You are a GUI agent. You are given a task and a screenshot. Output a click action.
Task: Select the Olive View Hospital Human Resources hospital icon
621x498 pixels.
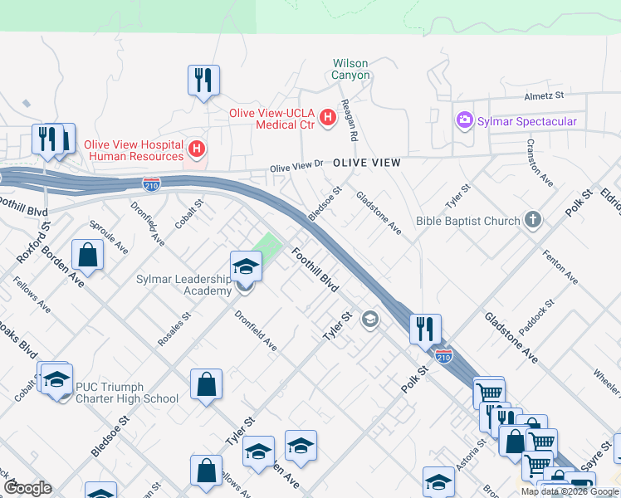[197, 149]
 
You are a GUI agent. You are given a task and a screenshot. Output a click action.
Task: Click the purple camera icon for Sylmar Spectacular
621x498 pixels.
[463, 121]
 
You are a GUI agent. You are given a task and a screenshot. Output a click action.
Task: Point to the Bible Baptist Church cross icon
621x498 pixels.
[533, 221]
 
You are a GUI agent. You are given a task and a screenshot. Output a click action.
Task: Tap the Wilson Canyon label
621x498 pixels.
[350, 69]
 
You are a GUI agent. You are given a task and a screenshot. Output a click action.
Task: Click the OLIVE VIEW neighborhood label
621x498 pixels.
[366, 164]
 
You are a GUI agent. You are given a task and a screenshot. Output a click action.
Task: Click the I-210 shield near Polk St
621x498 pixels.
[444, 356]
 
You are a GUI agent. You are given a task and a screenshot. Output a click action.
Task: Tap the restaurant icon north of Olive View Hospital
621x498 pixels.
[203, 81]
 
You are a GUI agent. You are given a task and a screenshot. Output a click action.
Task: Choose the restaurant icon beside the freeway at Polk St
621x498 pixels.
[425, 329]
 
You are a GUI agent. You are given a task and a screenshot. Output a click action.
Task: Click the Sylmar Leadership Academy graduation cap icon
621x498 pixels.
[246, 266]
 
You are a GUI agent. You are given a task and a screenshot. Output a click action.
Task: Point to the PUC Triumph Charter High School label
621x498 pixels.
[126, 393]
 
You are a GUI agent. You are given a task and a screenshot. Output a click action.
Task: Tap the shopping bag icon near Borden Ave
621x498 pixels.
[87, 255]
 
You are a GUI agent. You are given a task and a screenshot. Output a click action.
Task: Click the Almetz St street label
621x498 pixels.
[543, 96]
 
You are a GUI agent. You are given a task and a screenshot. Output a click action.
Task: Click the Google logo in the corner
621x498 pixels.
[27, 488]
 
